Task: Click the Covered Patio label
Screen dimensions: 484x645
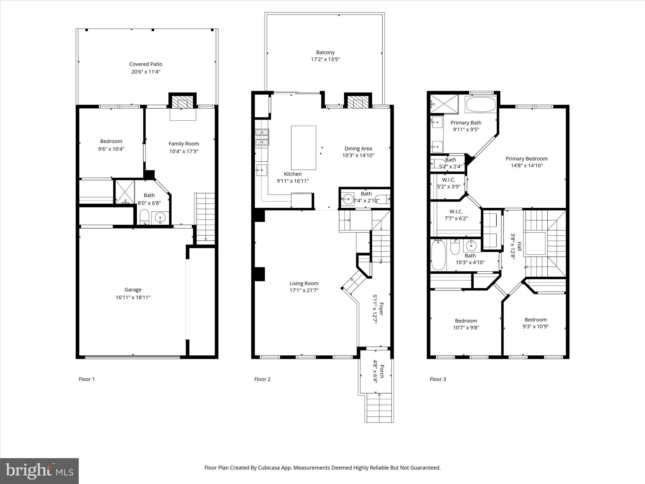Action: pos(146,64)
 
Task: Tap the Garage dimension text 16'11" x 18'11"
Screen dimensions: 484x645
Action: pos(133,297)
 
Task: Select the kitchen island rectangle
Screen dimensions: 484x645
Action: pos(303,148)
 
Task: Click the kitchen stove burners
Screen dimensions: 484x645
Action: pos(262,137)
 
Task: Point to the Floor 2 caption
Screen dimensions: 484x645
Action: pos(262,379)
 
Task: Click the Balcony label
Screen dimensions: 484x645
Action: pos(325,53)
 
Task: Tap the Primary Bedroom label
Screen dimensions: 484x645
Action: pos(527,159)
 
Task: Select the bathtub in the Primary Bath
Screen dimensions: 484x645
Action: pos(480,105)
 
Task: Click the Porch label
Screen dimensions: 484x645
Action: pos(382,371)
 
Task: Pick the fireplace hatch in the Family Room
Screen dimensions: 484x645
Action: pos(182,102)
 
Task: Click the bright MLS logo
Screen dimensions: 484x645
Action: pos(39,471)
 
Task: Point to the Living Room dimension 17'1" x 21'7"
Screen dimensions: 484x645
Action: pos(304,291)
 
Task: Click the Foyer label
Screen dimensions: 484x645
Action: pos(381,309)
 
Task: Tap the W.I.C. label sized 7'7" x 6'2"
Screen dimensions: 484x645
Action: pos(456,212)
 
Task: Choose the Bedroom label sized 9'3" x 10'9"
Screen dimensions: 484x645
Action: pos(535,320)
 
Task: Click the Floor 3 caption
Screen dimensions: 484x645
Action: pos(438,379)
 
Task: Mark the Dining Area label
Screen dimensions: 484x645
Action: pos(358,149)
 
